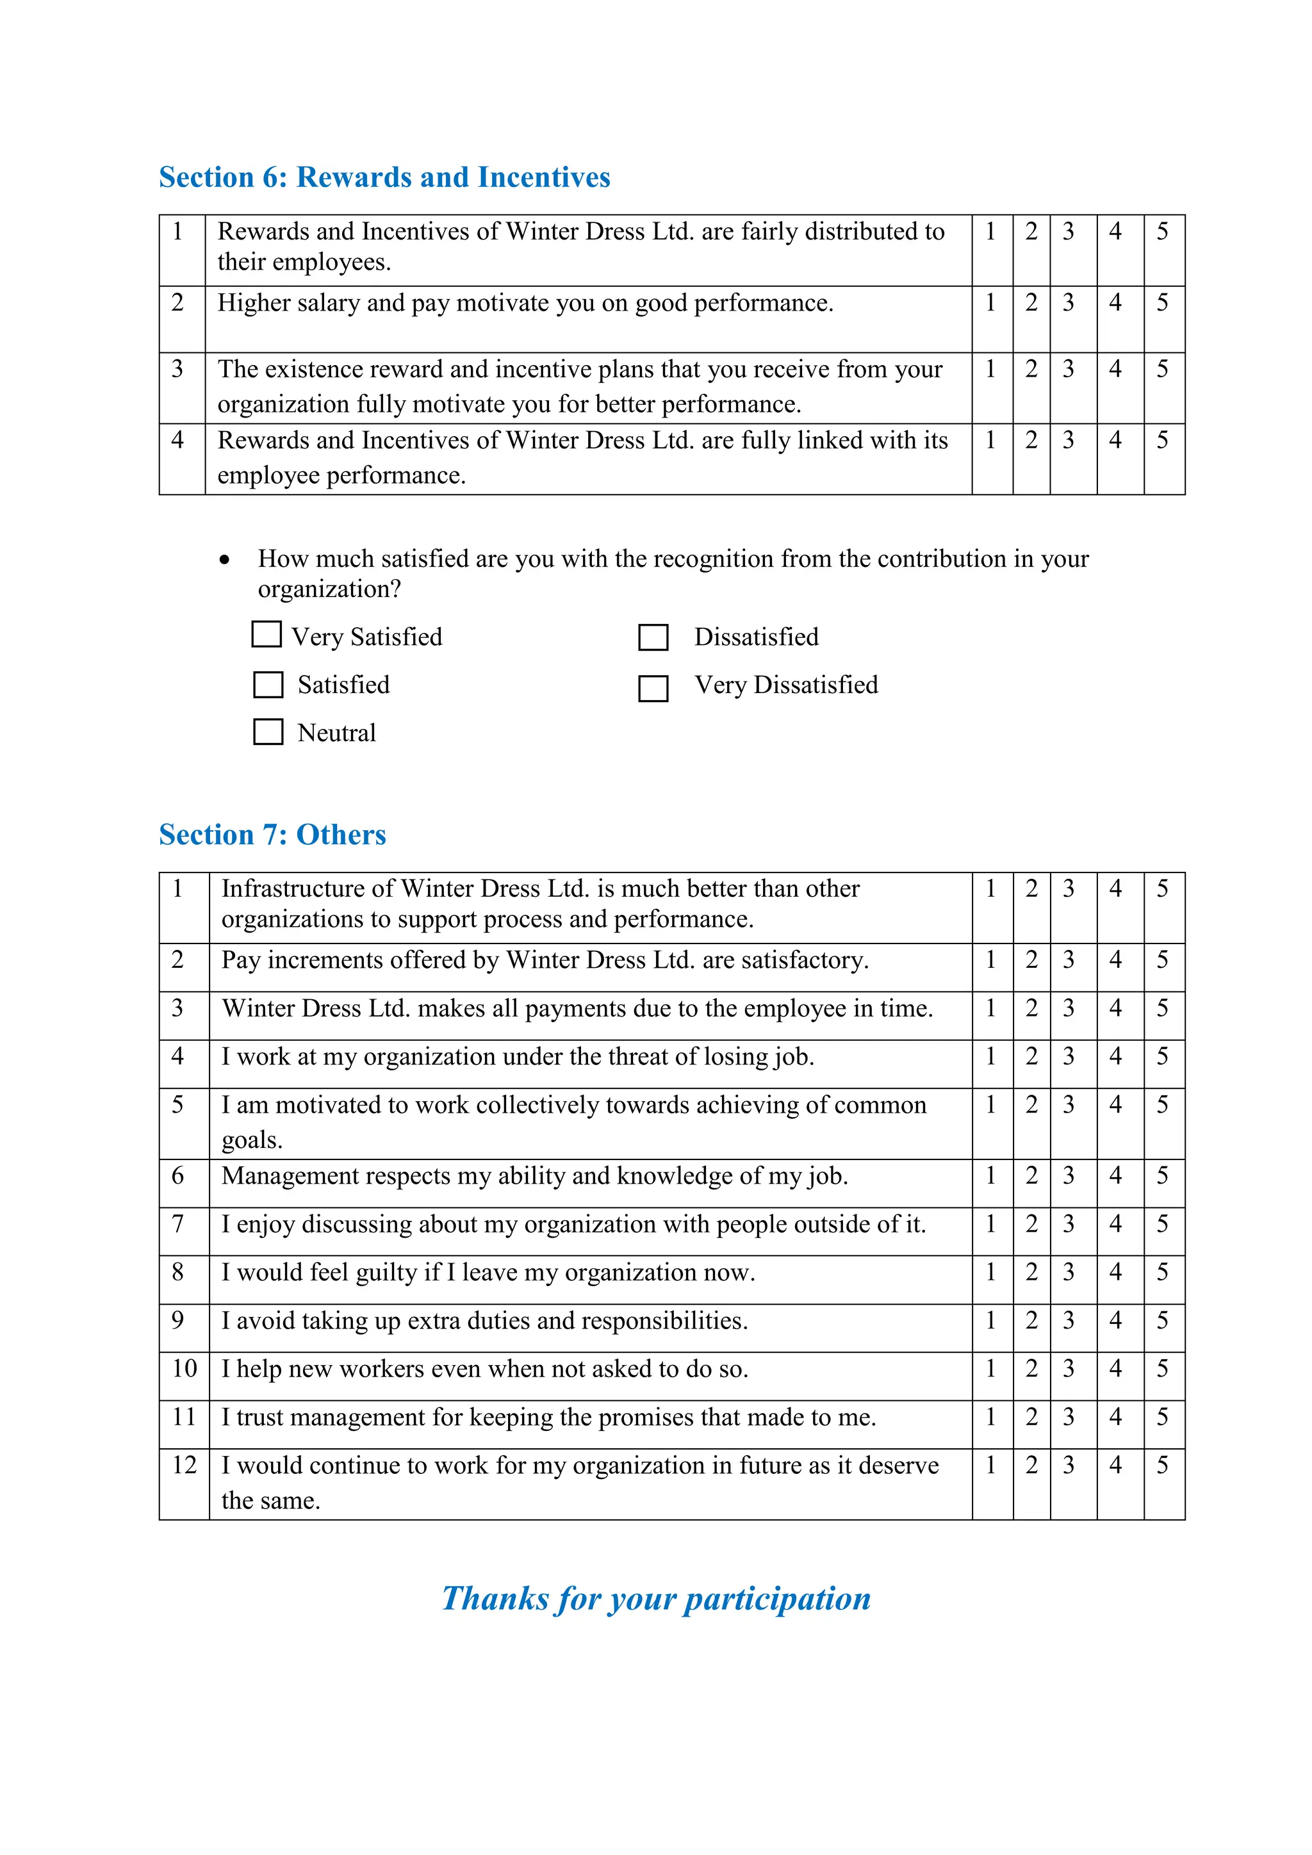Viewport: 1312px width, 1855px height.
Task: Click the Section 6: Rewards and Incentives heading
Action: (384, 177)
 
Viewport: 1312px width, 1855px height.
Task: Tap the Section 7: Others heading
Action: (272, 835)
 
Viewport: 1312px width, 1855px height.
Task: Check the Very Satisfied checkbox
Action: (266, 634)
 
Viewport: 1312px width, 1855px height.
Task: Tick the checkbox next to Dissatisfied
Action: (653, 637)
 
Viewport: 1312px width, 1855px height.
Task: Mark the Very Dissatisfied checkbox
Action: (653, 689)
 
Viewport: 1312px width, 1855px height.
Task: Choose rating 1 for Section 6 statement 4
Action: (990, 440)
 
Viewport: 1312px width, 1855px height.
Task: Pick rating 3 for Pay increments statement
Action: (1068, 960)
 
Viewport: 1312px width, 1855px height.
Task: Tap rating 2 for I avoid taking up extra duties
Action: (1031, 1320)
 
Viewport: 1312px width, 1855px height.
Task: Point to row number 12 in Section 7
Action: (184, 1465)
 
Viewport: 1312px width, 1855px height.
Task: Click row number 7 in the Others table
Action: (177, 1224)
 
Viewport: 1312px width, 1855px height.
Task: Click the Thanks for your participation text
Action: (656, 1599)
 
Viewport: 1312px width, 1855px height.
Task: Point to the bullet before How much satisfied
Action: (225, 560)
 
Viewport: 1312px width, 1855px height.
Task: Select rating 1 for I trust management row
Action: (990, 1416)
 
